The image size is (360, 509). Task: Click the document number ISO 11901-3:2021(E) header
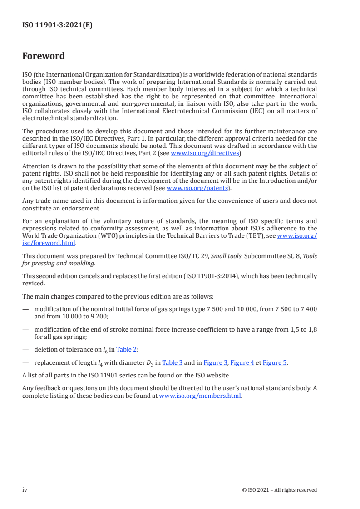coord(57,25)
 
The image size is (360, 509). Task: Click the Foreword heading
coord(44,56)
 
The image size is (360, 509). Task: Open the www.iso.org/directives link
coord(204,153)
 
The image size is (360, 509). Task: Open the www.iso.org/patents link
coord(198,188)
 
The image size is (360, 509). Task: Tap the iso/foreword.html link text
coord(49,243)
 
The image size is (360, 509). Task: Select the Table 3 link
coord(173,362)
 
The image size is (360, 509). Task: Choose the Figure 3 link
coord(215,362)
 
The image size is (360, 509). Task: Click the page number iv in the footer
coord(25,489)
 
